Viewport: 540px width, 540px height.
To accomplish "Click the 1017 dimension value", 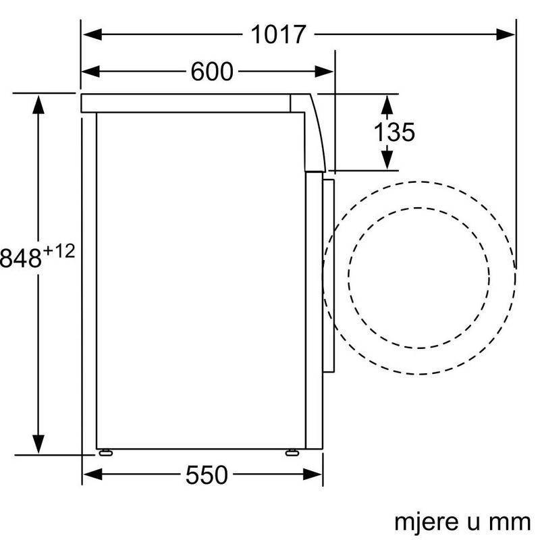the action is tap(278, 34).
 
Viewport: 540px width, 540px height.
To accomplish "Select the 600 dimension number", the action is tap(212, 72).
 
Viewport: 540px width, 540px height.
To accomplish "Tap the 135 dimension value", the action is tap(394, 132).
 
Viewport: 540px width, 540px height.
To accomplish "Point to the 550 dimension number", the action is tap(207, 475).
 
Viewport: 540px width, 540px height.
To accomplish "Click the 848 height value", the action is tap(21, 258).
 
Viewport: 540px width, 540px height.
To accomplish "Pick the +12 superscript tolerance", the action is tap(59, 251).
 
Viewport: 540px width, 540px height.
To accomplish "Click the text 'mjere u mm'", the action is tap(462, 522).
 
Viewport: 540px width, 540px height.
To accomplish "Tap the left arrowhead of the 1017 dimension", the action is tap(92, 34).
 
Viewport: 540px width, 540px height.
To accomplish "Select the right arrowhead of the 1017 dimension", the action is tap(506, 34).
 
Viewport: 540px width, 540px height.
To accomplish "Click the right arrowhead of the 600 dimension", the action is tap(324, 72).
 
